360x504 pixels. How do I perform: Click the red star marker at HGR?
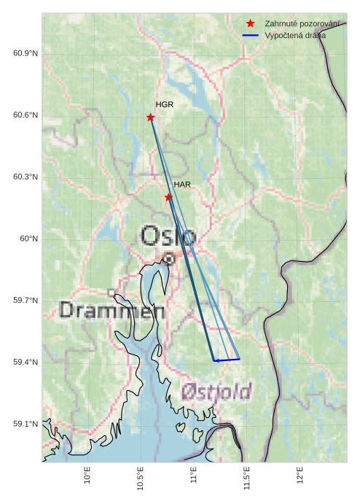point(150,117)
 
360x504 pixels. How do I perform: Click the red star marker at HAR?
point(168,197)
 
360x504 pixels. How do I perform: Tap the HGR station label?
point(165,105)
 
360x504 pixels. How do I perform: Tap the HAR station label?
point(182,185)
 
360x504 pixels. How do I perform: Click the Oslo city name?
point(168,236)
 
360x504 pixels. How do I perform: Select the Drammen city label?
point(111,311)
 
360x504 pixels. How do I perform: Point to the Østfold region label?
point(216,390)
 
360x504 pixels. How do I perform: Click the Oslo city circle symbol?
point(168,258)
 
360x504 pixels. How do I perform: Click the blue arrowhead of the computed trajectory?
point(216,360)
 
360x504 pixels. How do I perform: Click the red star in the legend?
point(251,24)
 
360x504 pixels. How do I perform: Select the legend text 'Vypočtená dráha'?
point(295,35)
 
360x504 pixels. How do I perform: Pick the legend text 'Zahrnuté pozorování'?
point(302,24)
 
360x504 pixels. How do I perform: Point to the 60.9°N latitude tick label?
point(26,54)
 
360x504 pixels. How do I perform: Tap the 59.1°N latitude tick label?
point(26,424)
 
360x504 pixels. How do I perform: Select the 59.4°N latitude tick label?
point(26,363)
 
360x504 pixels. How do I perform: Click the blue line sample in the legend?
point(251,35)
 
